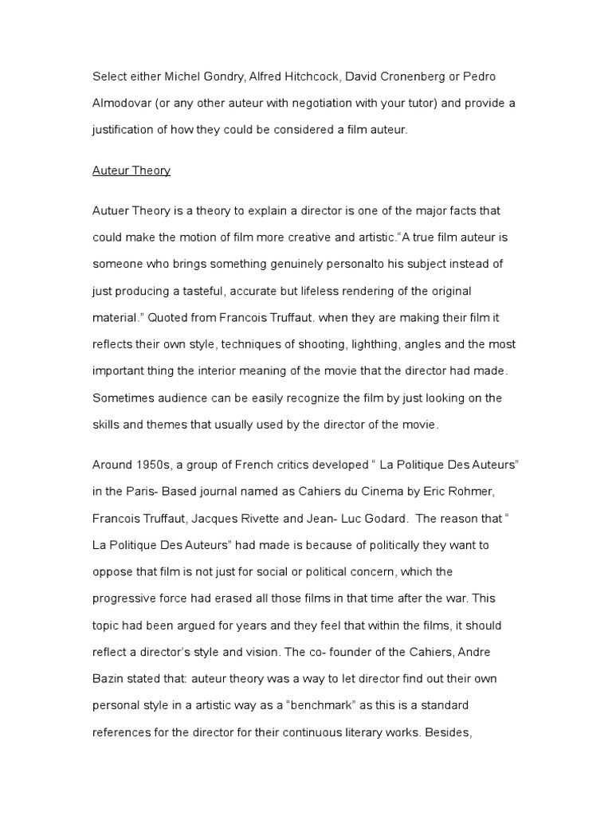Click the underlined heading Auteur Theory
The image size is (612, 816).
(x=131, y=171)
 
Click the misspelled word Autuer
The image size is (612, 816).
(x=112, y=211)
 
